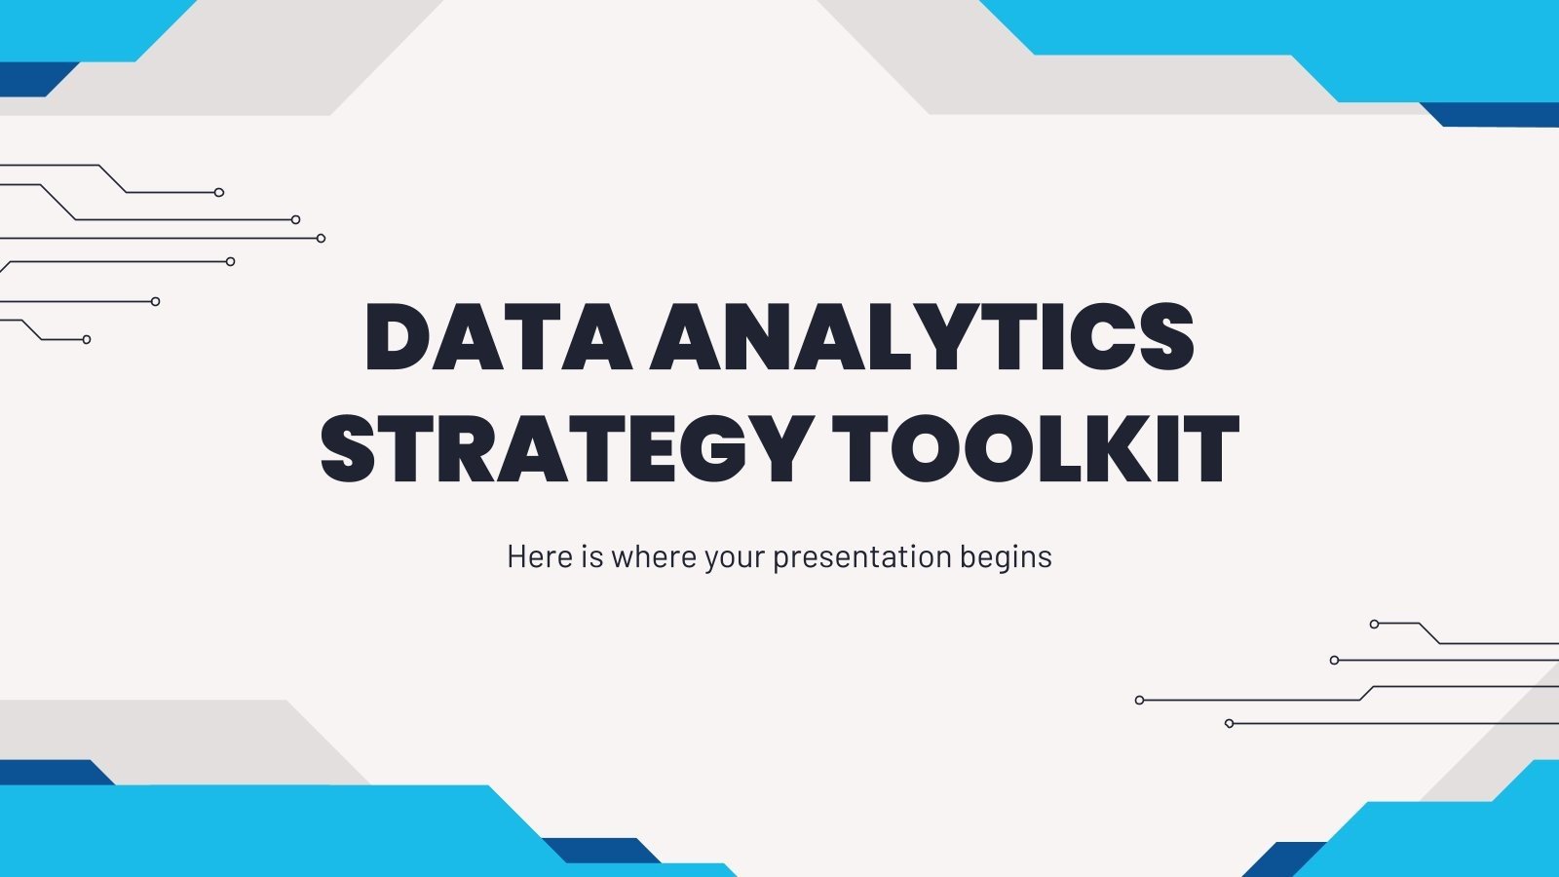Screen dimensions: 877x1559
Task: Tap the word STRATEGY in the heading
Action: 565,449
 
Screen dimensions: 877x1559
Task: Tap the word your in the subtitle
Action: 737,558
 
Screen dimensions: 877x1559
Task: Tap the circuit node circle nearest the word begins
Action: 1140,700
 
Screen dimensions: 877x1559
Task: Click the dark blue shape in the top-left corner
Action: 29,80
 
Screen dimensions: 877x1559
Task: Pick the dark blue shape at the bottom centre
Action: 599,851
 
